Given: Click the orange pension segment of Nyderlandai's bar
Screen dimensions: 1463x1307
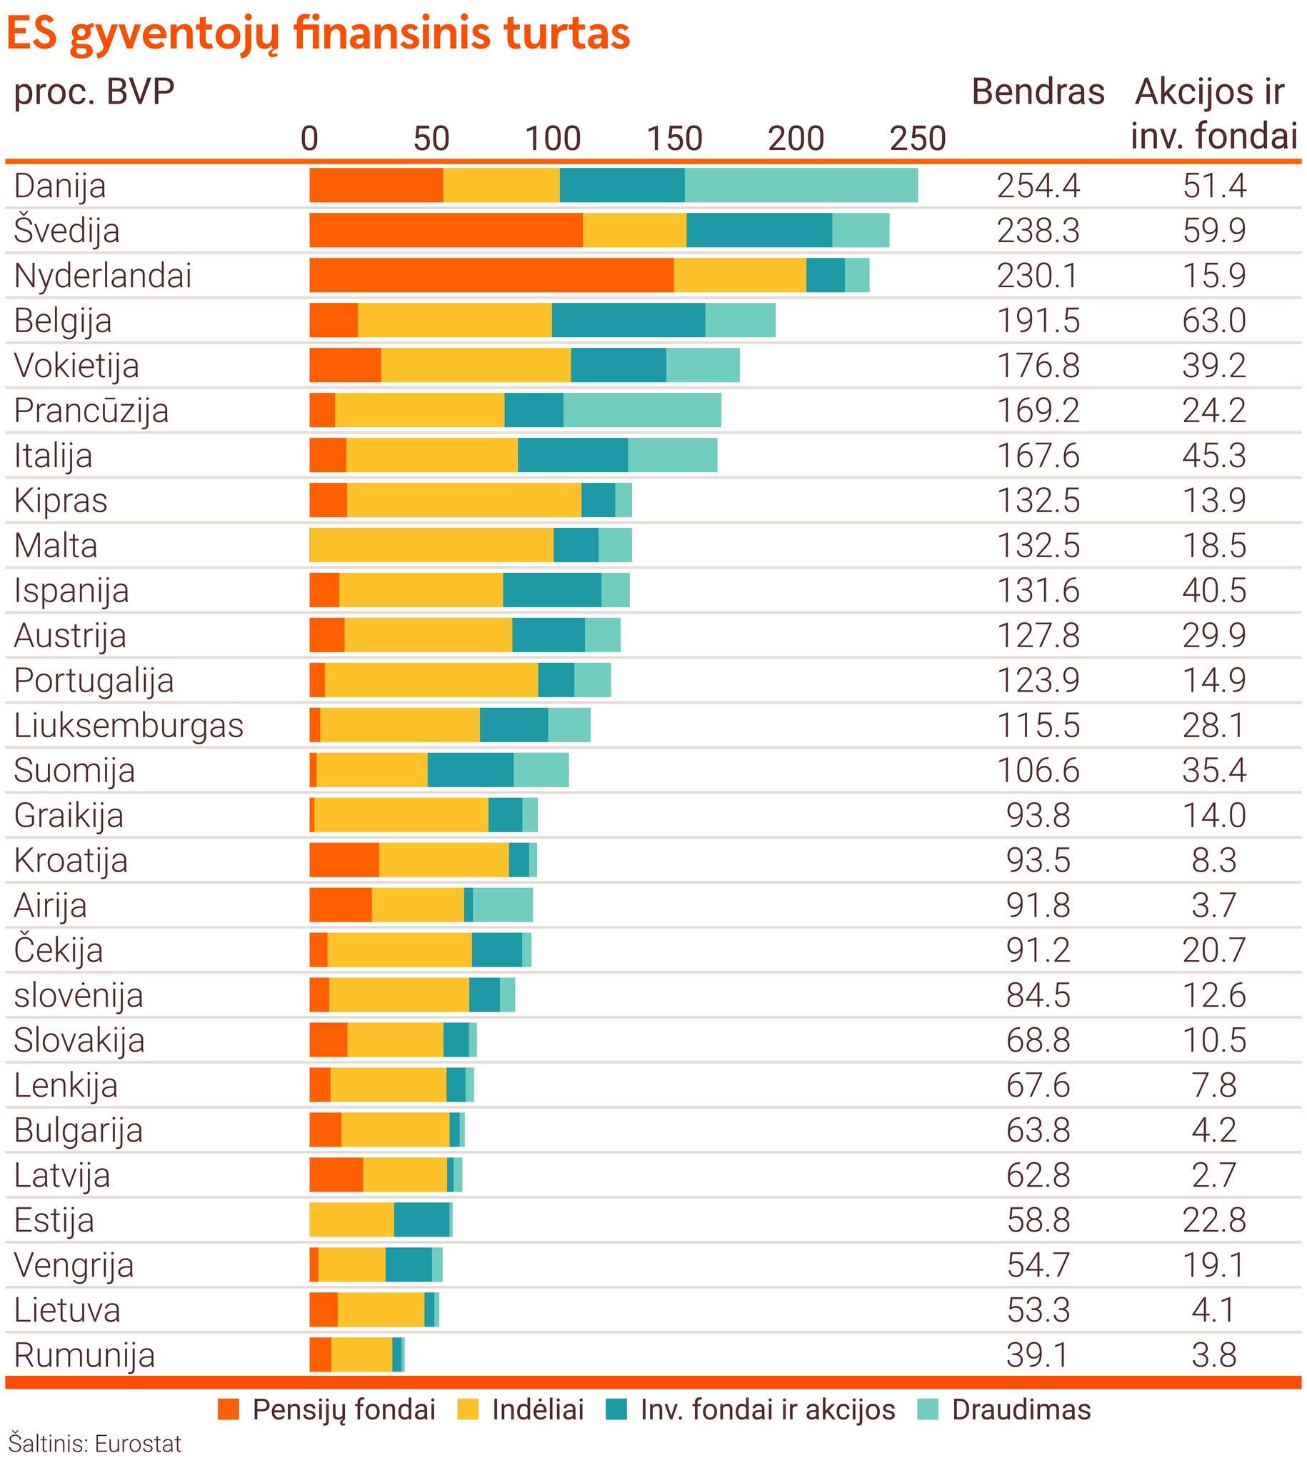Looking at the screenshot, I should (x=491, y=276).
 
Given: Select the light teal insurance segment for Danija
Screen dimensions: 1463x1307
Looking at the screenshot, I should (x=801, y=185).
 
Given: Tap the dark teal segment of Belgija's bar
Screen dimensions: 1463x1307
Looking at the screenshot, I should (x=629, y=320).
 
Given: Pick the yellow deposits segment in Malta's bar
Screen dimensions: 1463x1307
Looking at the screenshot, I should (x=431, y=545).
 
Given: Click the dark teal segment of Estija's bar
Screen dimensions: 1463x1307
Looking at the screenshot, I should (x=421, y=1219).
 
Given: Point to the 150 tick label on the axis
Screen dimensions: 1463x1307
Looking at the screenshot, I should (x=674, y=138).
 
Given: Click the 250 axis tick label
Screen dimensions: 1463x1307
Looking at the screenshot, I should (x=918, y=138).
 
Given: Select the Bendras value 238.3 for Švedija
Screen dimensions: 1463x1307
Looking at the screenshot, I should (x=1038, y=231).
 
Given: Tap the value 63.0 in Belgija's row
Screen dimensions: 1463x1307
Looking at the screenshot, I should (x=1213, y=320).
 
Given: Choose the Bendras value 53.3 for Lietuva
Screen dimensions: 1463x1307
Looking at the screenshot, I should (x=1038, y=1309).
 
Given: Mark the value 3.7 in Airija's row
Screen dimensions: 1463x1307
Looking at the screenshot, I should (x=1213, y=905).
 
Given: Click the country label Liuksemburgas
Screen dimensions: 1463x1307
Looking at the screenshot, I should (x=129, y=725).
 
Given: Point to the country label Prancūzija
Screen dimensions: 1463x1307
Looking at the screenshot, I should (x=91, y=411).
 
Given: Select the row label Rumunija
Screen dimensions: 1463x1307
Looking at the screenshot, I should (x=84, y=1355).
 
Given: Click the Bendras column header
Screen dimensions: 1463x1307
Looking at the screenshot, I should (x=1038, y=92).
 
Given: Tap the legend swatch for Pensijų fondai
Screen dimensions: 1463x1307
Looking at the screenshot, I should (x=229, y=1410).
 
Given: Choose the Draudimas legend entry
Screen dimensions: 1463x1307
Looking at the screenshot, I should (x=1021, y=1410).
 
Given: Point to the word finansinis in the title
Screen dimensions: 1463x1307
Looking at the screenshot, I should (x=394, y=34).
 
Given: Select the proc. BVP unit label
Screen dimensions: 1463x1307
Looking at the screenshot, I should (x=94, y=92).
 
